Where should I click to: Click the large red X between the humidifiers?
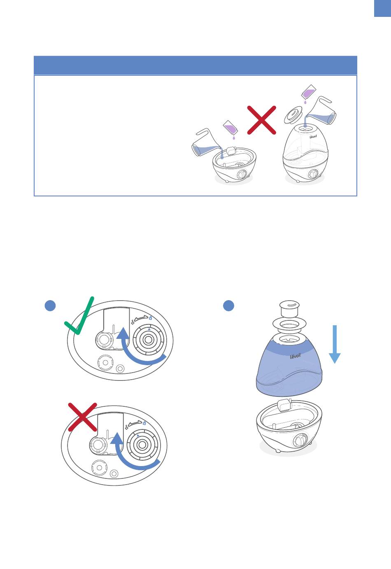[x=261, y=120]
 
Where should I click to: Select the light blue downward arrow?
[x=335, y=344]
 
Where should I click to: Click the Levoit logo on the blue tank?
[x=296, y=356]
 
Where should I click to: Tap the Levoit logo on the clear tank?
[x=313, y=136]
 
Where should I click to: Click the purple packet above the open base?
[x=231, y=128]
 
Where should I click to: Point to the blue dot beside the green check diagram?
[x=50, y=305]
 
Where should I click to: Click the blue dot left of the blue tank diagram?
[x=228, y=305]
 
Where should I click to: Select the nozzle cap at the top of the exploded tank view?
[x=289, y=309]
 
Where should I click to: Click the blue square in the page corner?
[x=383, y=8]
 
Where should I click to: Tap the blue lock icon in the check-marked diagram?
[x=150, y=318]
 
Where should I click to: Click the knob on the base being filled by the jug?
[x=242, y=175]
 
